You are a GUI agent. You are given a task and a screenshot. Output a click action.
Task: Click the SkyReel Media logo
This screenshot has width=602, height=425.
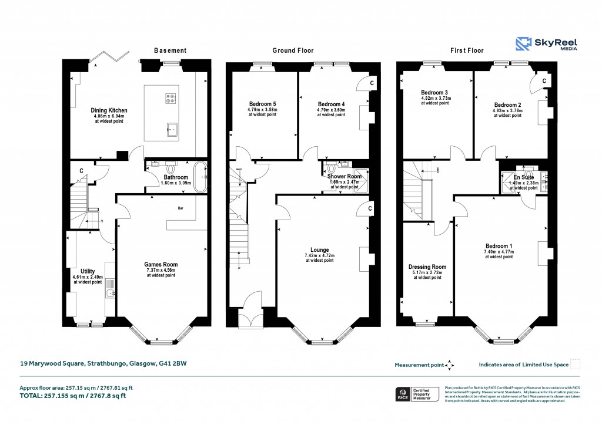click(546, 44)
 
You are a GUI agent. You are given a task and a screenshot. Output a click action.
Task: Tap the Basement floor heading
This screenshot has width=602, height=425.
click(170, 50)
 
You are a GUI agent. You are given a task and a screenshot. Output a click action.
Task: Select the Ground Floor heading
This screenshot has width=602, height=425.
click(292, 50)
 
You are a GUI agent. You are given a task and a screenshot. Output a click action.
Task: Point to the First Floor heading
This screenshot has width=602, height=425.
click(467, 50)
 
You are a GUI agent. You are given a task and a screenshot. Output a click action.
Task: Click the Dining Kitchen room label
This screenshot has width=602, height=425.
click(109, 110)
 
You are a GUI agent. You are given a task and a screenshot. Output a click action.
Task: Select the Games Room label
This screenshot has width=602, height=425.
click(161, 265)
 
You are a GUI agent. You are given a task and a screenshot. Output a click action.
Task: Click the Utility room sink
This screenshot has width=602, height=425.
click(109, 292)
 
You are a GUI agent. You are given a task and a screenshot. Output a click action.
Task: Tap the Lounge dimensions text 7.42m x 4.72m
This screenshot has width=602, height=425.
click(320, 256)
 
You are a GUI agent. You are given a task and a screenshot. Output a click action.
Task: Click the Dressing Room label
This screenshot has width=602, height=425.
click(427, 267)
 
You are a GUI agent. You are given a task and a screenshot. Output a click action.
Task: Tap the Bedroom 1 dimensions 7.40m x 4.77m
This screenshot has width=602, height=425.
click(499, 252)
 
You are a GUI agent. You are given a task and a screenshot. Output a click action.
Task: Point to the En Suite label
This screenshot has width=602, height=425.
click(523, 177)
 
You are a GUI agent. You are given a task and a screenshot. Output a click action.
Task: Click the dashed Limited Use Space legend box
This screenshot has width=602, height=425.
click(576, 365)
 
